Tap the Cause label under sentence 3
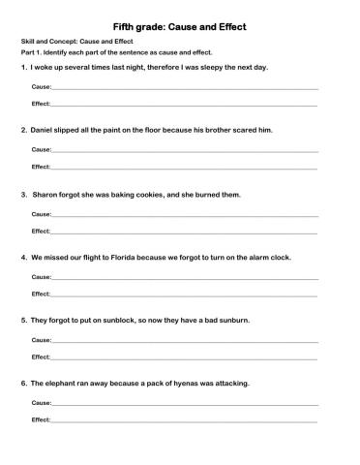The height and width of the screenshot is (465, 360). pos(41,214)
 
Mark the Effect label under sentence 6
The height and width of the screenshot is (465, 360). pos(41,419)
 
